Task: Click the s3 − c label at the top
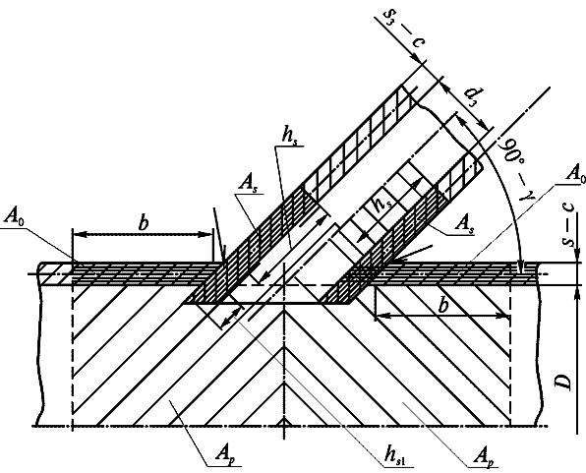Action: [404, 29]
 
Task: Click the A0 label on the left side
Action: [15, 216]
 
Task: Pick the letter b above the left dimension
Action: [144, 223]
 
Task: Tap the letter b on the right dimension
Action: [442, 305]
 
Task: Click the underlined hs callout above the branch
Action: [290, 137]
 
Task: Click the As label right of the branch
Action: [464, 224]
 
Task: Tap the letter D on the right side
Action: [563, 381]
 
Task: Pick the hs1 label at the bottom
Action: [397, 456]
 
